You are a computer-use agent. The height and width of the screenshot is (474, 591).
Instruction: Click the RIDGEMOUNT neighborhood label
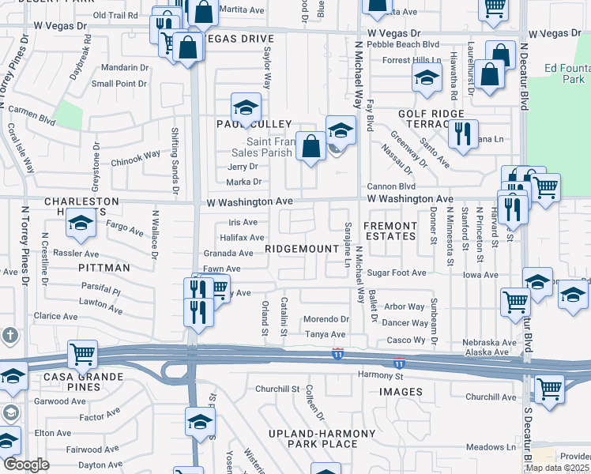pyautogui.click(x=301, y=249)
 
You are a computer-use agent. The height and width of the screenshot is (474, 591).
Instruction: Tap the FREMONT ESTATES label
pyautogui.click(x=390, y=231)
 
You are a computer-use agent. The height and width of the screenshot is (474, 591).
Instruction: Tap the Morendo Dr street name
pyautogui.click(x=327, y=319)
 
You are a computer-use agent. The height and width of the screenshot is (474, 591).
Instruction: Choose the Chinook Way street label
pyautogui.click(x=142, y=156)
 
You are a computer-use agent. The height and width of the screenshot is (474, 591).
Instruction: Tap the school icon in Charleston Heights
pyautogui.click(x=80, y=224)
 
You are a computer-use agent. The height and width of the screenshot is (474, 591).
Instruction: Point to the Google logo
pyautogui.click(x=26, y=465)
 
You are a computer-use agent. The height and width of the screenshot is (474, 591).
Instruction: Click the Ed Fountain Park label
pyautogui.click(x=567, y=73)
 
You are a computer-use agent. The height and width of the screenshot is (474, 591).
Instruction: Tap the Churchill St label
pyautogui.click(x=277, y=389)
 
